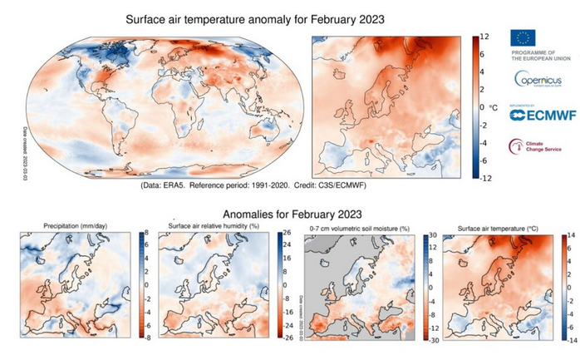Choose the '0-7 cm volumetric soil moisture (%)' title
point(358,226)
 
